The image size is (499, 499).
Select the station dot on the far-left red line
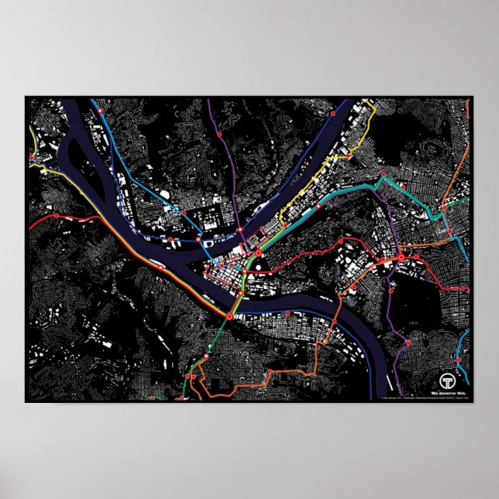(x=55, y=215)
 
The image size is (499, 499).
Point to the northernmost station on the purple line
(x=220, y=134)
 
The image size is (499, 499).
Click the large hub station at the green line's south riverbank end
(x=229, y=315)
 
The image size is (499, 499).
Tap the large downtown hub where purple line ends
(x=258, y=253)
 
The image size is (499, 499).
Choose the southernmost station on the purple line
(x=408, y=342)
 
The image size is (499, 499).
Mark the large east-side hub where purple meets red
(x=401, y=256)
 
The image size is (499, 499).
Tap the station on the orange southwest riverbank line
(x=161, y=268)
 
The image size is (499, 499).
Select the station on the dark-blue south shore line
(x=287, y=313)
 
